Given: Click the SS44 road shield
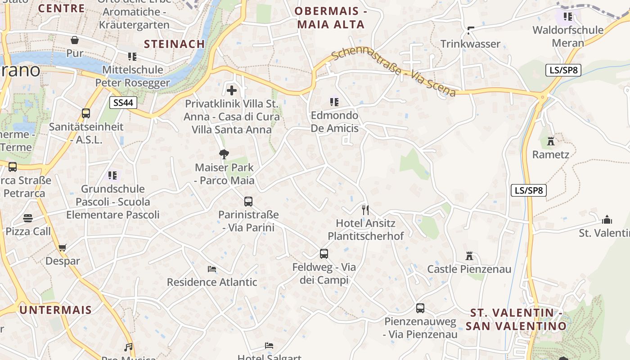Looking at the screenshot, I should point(123,103).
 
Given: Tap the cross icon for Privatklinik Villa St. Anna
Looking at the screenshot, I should point(232,90).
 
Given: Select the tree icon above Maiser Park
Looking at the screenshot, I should point(224,155).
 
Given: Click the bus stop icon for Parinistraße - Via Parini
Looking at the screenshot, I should point(248,202).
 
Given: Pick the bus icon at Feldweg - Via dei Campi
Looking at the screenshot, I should point(324,254).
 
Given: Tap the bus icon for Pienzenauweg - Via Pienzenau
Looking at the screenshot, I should point(420,308).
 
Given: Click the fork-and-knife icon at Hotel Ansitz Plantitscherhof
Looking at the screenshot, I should point(365,210).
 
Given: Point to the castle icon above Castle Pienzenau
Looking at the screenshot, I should point(469,256).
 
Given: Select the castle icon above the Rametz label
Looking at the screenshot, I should point(551,141).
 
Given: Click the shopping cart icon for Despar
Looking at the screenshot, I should point(63,247).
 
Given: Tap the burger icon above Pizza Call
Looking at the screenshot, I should point(28,218).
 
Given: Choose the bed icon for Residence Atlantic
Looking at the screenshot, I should point(212,269).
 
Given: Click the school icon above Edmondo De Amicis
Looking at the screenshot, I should point(334,102).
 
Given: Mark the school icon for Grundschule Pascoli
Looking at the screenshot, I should point(112,175).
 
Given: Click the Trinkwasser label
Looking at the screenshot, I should point(470,44).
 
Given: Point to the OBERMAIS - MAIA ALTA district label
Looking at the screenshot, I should point(331,18).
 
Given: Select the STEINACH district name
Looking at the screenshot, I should point(175,44).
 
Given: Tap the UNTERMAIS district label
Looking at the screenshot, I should point(55,310).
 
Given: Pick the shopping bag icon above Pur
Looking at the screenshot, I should point(75,40).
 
